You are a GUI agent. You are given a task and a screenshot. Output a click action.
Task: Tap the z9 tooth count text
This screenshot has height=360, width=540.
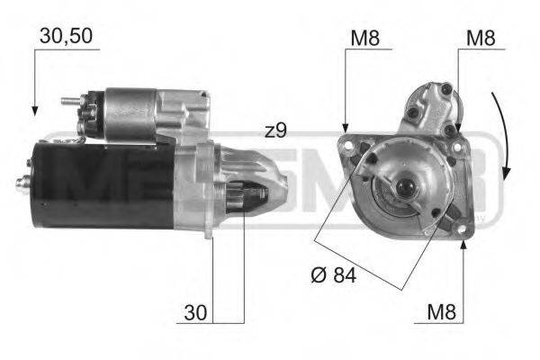275,131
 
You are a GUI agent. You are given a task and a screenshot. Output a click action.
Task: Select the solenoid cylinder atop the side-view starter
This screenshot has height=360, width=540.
130,112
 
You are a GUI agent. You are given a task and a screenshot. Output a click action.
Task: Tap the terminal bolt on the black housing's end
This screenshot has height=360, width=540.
22,183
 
